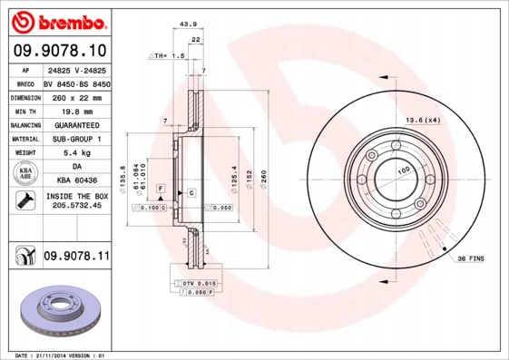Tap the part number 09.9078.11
click(x=76, y=258)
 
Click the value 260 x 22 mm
click(x=76, y=96)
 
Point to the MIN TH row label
click(x=23, y=110)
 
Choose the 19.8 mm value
click(x=76, y=110)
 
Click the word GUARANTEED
click(x=76, y=124)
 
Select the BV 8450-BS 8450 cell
click(x=76, y=82)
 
